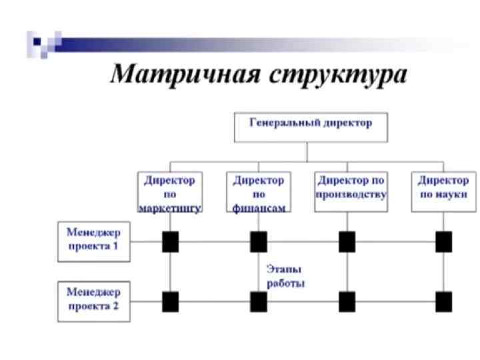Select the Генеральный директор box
310,127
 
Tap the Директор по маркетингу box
169,192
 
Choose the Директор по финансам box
258,192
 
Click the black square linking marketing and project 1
171,242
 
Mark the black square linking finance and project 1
259,242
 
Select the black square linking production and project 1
347,242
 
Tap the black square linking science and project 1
443,242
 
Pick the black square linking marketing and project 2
171,302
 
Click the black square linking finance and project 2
259,302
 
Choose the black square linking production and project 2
347,302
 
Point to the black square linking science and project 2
443,302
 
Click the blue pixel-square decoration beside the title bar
41,44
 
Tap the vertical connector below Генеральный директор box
307,152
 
